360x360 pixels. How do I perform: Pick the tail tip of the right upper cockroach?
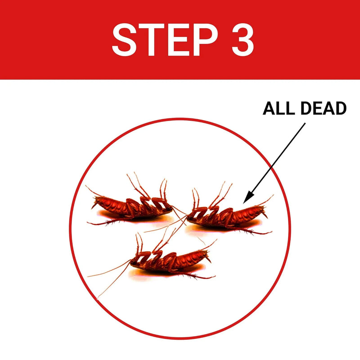(265, 215)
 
